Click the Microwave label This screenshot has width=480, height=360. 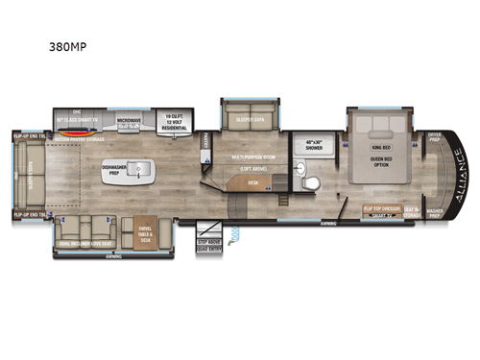click(x=130, y=120)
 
